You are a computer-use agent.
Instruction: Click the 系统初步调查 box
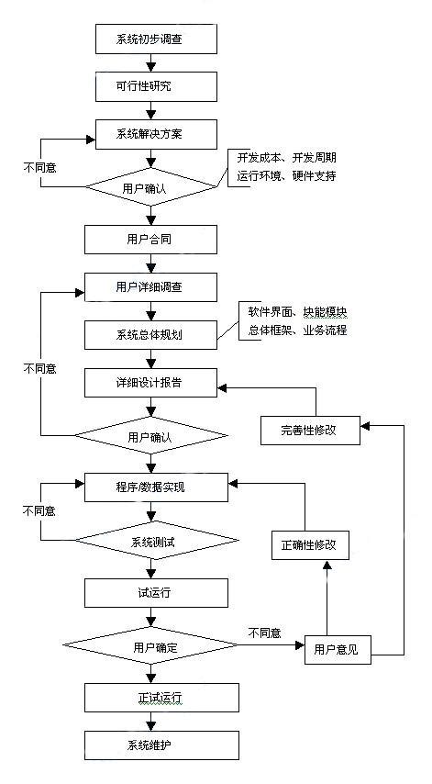(156, 39)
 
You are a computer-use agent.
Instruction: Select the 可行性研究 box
(156, 86)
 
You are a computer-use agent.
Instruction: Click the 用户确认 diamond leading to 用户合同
(156, 187)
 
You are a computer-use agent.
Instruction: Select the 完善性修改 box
(310, 430)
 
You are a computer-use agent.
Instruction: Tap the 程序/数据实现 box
(156, 487)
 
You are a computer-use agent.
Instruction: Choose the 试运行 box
(156, 592)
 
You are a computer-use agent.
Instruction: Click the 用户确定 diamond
(156, 647)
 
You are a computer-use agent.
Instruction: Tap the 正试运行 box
(156, 698)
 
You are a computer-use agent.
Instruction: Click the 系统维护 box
(156, 745)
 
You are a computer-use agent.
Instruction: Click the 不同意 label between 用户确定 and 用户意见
(265, 633)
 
